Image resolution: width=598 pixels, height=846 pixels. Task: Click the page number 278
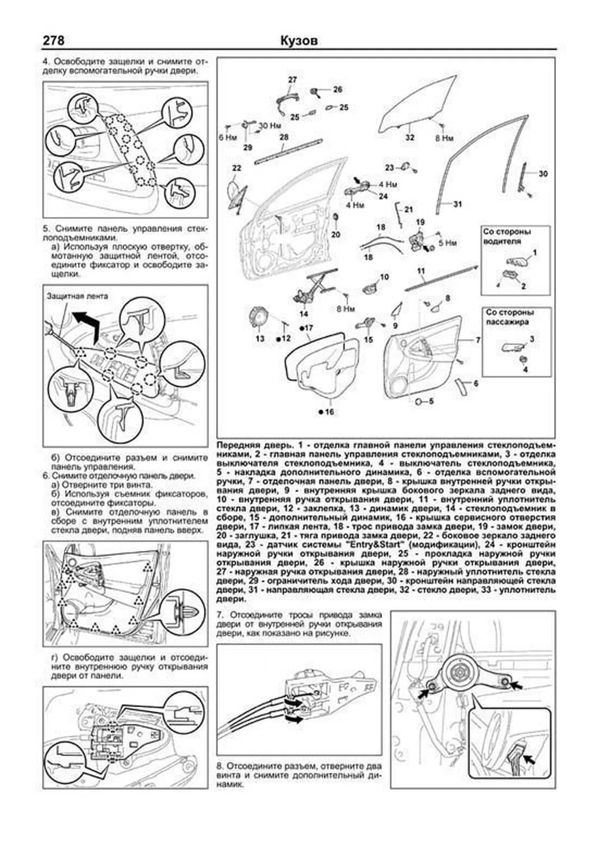tap(53, 41)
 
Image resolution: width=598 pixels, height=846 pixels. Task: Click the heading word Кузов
tap(299, 41)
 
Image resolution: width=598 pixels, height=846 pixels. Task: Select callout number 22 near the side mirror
tap(236, 168)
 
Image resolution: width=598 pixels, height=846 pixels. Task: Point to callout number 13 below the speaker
tap(260, 338)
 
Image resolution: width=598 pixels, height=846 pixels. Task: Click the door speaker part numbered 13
tap(259, 318)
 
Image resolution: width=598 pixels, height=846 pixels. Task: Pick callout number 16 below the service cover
tap(329, 412)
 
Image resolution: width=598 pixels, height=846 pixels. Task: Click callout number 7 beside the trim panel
tap(478, 340)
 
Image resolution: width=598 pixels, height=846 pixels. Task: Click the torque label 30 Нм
tap(270, 126)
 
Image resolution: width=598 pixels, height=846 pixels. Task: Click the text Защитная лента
tap(77, 296)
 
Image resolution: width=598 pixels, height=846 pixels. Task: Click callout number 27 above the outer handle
tap(293, 80)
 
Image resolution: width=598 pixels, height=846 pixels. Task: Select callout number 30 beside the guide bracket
tap(543, 173)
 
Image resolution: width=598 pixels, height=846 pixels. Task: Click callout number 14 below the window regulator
tap(303, 314)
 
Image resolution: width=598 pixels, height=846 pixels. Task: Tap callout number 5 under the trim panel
tap(431, 401)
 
